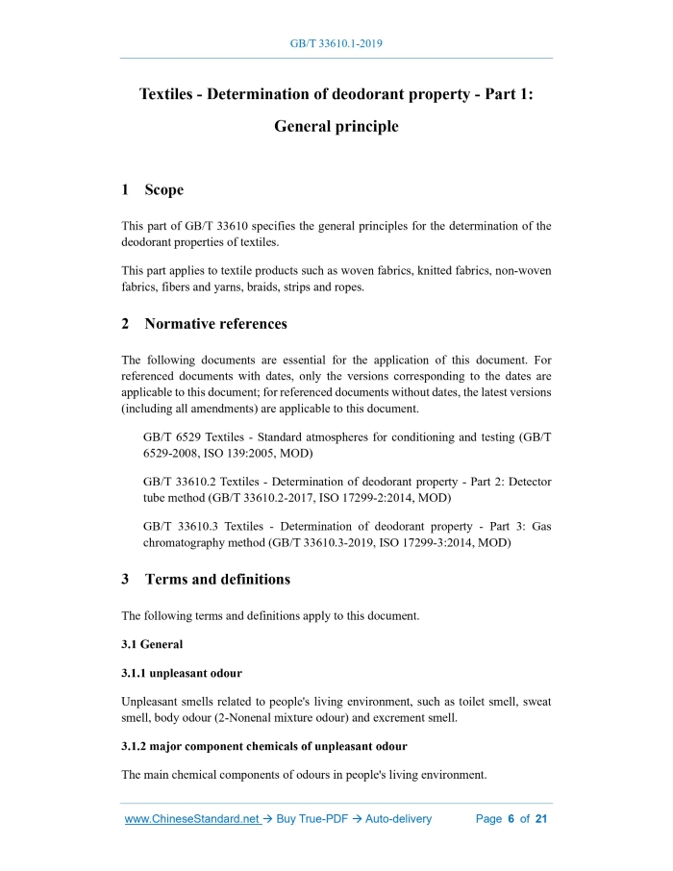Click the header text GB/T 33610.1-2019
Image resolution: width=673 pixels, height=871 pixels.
[x=336, y=44]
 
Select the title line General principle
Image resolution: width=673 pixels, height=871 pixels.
[x=336, y=126]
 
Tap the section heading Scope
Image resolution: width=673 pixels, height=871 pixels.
[x=163, y=190]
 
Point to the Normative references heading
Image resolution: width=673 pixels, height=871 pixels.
[x=215, y=324]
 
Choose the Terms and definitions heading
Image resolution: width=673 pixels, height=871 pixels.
[x=217, y=580]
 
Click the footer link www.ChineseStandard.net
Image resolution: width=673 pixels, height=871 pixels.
[x=192, y=819]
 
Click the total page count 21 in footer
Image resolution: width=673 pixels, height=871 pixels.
[x=541, y=819]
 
